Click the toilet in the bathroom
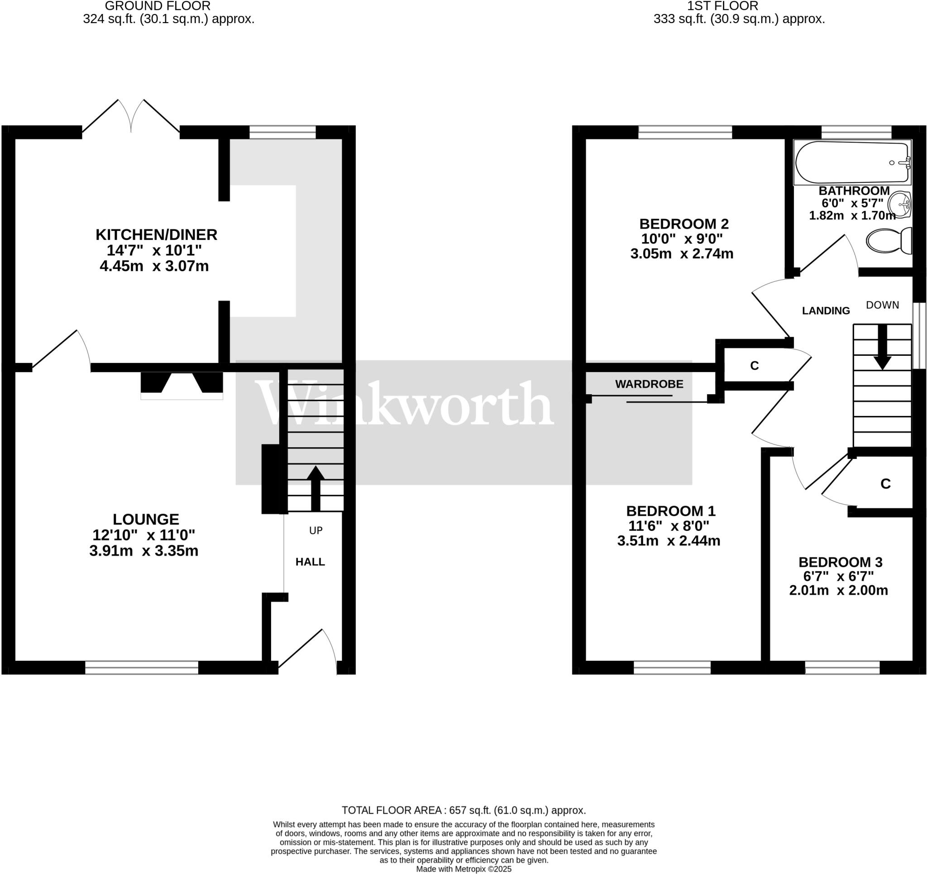pyautogui.click(x=889, y=241)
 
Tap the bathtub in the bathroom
pyautogui.click(x=852, y=162)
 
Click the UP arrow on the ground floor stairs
pyautogui.click(x=315, y=488)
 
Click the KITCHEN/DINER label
pyautogui.click(x=156, y=234)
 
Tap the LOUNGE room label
pyautogui.click(x=145, y=519)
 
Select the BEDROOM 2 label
pyautogui.click(x=683, y=224)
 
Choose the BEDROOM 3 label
pyautogui.click(x=840, y=562)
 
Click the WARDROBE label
pyautogui.click(x=649, y=384)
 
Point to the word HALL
pyautogui.click(x=310, y=562)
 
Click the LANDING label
pyautogui.click(x=826, y=310)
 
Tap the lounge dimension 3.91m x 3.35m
pyautogui.click(x=143, y=551)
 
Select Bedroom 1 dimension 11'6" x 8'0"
pyautogui.click(x=669, y=526)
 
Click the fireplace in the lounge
pyautogui.click(x=182, y=385)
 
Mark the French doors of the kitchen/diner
pyautogui.click(x=131, y=117)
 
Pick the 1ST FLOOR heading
pyautogui.click(x=723, y=6)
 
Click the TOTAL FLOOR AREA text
pyautogui.click(x=463, y=810)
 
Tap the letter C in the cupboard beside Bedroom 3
pyautogui.click(x=885, y=484)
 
